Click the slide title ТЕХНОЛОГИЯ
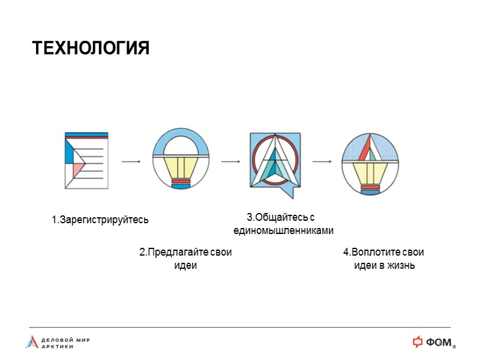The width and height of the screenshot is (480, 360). coord(90,48)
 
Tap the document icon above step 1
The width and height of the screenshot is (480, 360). coord(86,160)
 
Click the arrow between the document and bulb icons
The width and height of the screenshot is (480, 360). coord(131,161)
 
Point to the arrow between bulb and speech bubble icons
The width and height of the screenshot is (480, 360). coord(230,161)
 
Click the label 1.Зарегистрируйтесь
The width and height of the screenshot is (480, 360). coord(100,220)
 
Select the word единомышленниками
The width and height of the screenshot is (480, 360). coord(283,230)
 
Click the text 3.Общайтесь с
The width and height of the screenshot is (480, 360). coord(280,217)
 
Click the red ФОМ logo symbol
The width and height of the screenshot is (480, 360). coord(418,342)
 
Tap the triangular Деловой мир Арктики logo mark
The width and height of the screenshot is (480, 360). coord(31,342)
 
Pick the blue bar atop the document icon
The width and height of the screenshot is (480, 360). coord(86,134)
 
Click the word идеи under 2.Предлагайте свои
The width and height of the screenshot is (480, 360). coord(185,266)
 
